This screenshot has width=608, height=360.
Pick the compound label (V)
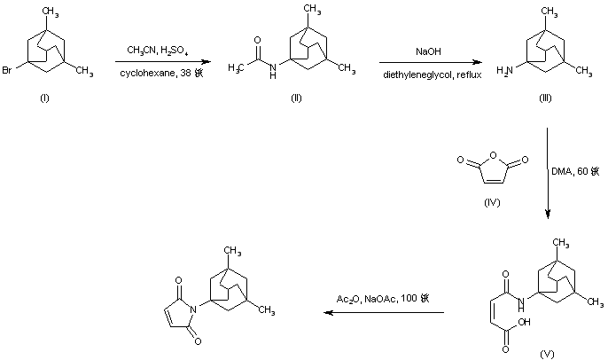[547, 354]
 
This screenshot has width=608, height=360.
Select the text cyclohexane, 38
[162, 73]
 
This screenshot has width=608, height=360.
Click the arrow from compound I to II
[162, 61]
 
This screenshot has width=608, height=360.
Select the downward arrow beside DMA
[548, 173]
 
